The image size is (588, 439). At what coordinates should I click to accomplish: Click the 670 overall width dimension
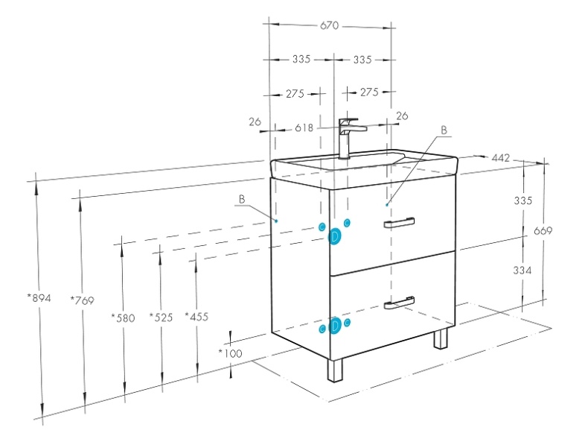tap(330, 25)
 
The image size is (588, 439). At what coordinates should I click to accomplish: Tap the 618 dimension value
tap(304, 127)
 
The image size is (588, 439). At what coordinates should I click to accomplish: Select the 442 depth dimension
tap(501, 158)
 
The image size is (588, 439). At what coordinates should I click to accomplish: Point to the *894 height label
tap(39, 298)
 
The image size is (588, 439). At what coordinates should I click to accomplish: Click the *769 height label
tap(82, 300)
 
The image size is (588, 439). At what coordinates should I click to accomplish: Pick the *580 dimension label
tap(124, 318)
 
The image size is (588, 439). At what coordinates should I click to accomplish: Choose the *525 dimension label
tap(161, 318)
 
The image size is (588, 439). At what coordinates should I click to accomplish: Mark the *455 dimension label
tap(197, 318)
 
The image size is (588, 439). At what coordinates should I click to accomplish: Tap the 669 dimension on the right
tap(543, 231)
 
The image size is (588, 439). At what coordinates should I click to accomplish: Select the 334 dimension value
tap(522, 271)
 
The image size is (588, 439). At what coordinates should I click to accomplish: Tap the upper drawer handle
tap(400, 223)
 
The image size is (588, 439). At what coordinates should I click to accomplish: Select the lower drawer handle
tap(400, 302)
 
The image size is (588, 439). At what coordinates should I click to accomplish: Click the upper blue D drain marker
tap(336, 236)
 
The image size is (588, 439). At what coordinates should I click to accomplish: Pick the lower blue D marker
tap(336, 326)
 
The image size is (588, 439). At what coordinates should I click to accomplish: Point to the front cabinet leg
tap(336, 370)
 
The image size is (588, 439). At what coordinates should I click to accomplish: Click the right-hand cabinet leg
tap(441, 339)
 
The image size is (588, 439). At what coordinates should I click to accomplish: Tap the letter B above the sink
tap(444, 130)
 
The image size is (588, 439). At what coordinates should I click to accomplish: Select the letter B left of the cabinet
tap(242, 199)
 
